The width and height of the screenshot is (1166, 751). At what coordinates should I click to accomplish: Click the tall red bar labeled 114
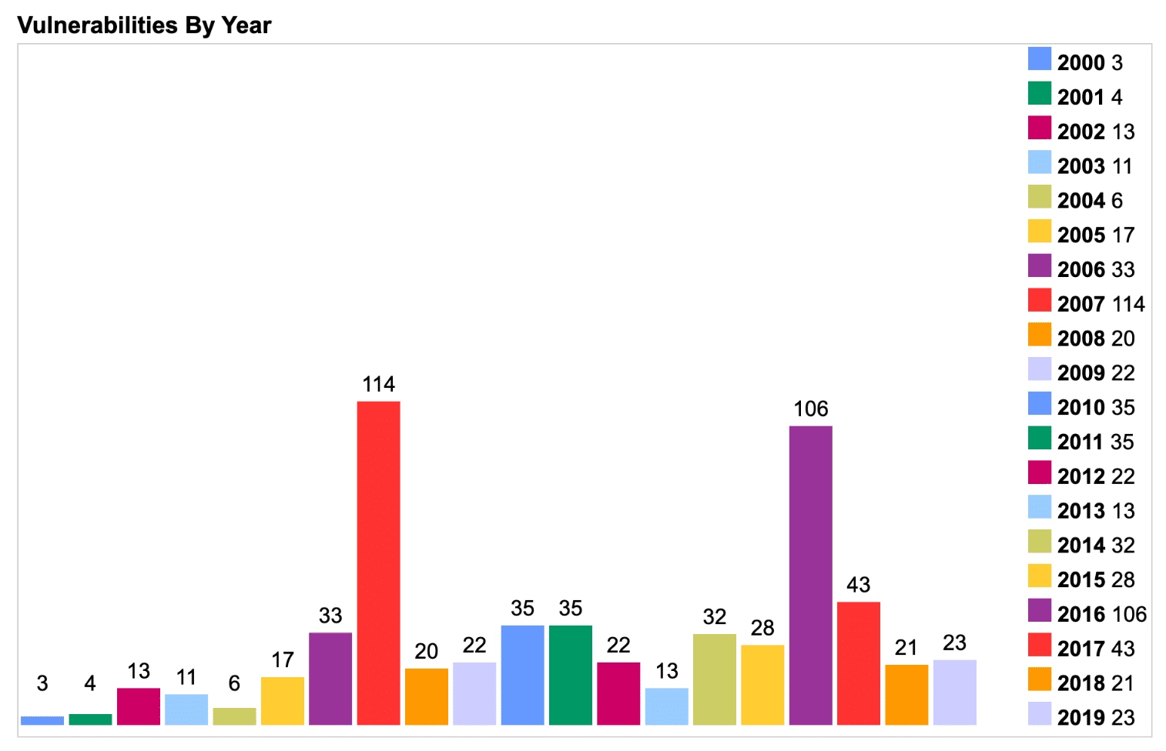[378, 562]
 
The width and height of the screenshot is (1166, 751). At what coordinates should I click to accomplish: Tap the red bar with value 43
[858, 663]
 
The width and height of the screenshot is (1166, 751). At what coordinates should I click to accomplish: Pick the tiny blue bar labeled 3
[42, 721]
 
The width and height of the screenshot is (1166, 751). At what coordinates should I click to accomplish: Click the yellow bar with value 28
[762, 684]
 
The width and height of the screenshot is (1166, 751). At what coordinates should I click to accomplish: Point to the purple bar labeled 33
[330, 678]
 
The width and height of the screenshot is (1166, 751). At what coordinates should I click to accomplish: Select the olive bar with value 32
[715, 679]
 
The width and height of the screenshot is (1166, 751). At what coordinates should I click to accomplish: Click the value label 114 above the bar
[378, 384]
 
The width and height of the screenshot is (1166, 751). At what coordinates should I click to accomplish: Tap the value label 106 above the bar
[810, 409]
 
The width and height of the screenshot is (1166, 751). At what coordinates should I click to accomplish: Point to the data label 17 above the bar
[283, 659]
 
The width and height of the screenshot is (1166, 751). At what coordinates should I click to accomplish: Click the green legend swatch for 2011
[1039, 438]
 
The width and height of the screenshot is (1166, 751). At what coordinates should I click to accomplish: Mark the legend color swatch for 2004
[1039, 197]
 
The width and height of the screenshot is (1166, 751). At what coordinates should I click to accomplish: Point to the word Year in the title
[246, 25]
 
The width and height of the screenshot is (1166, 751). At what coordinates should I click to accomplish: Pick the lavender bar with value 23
[954, 692]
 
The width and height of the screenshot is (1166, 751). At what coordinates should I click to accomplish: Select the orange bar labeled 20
[426, 696]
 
